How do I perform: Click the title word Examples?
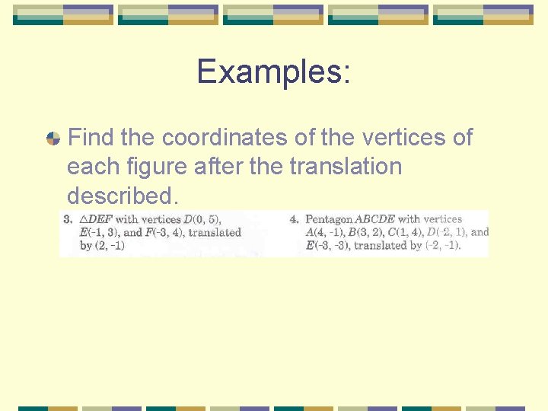[x=273, y=72]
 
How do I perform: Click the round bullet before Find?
[x=53, y=139]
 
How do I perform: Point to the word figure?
[x=150, y=167]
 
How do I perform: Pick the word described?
[x=123, y=196]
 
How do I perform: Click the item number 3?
[x=68, y=220]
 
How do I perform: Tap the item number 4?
[x=294, y=220]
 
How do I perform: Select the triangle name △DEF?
[x=96, y=220]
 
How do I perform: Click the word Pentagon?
[x=329, y=220]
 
